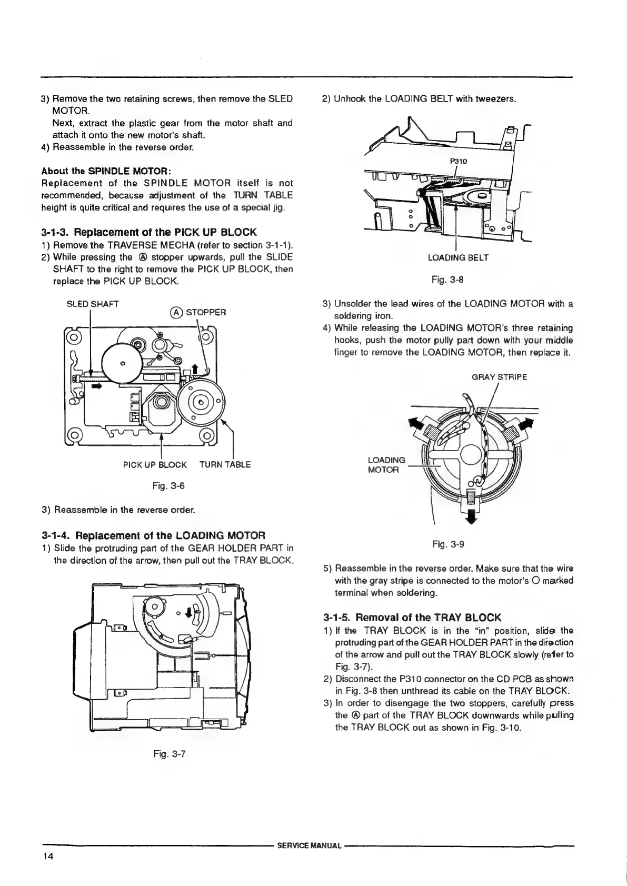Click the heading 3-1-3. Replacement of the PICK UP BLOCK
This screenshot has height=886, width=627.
click(x=148, y=232)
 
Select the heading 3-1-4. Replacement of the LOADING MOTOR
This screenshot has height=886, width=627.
click(x=149, y=536)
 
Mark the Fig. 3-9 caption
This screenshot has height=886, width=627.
click(x=453, y=544)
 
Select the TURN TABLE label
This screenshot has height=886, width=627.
click(x=225, y=465)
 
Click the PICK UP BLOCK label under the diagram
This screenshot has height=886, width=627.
click(x=155, y=465)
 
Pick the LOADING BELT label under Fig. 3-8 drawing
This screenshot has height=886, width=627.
click(x=458, y=257)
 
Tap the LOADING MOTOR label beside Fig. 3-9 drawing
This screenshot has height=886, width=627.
click(x=386, y=465)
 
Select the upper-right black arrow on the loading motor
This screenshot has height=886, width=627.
click(x=526, y=424)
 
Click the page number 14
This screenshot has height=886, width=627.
click(x=49, y=855)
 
